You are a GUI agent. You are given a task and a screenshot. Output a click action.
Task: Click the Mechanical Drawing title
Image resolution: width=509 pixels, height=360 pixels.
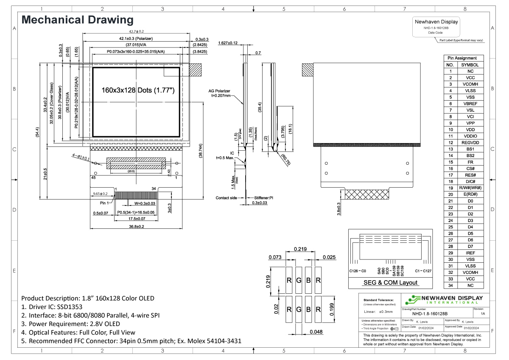[x=77, y=20]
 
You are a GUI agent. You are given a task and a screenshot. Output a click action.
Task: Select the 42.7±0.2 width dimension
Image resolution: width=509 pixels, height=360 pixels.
[x=137, y=31]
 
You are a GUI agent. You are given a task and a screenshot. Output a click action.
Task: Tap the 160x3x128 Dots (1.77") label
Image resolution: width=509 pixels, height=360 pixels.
[x=138, y=90]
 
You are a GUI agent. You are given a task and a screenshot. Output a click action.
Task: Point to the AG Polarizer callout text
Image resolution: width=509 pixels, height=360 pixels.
[x=219, y=91]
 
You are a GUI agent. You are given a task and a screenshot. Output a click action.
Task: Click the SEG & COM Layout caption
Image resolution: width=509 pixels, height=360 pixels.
[x=390, y=283]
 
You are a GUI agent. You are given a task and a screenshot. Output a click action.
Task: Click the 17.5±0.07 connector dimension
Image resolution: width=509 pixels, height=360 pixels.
[x=137, y=219]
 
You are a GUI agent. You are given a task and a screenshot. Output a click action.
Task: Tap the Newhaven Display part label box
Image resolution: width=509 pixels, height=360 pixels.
[x=436, y=27]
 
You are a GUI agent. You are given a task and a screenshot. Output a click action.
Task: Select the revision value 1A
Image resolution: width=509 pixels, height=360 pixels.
[x=483, y=314]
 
